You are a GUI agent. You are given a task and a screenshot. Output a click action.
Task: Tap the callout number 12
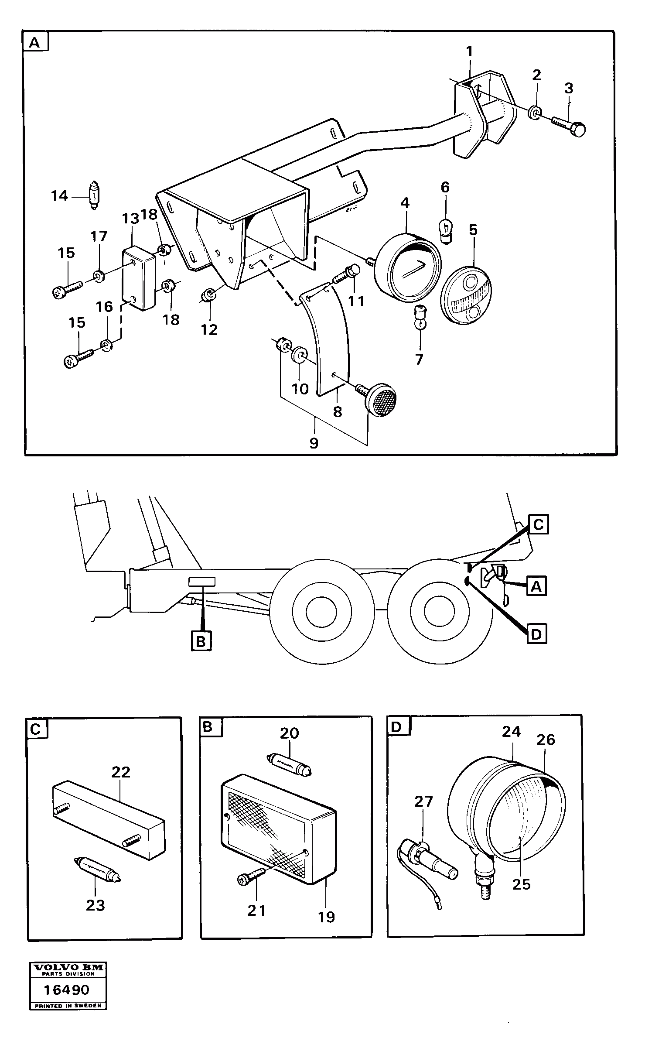coord(209,329)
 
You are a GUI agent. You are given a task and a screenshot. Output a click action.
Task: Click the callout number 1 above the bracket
coord(469,52)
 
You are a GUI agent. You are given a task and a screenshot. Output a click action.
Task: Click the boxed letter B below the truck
coord(201,641)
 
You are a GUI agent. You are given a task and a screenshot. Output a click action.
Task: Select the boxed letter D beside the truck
coord(536,634)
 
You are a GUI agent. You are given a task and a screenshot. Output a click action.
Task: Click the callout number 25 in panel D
coord(521,884)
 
